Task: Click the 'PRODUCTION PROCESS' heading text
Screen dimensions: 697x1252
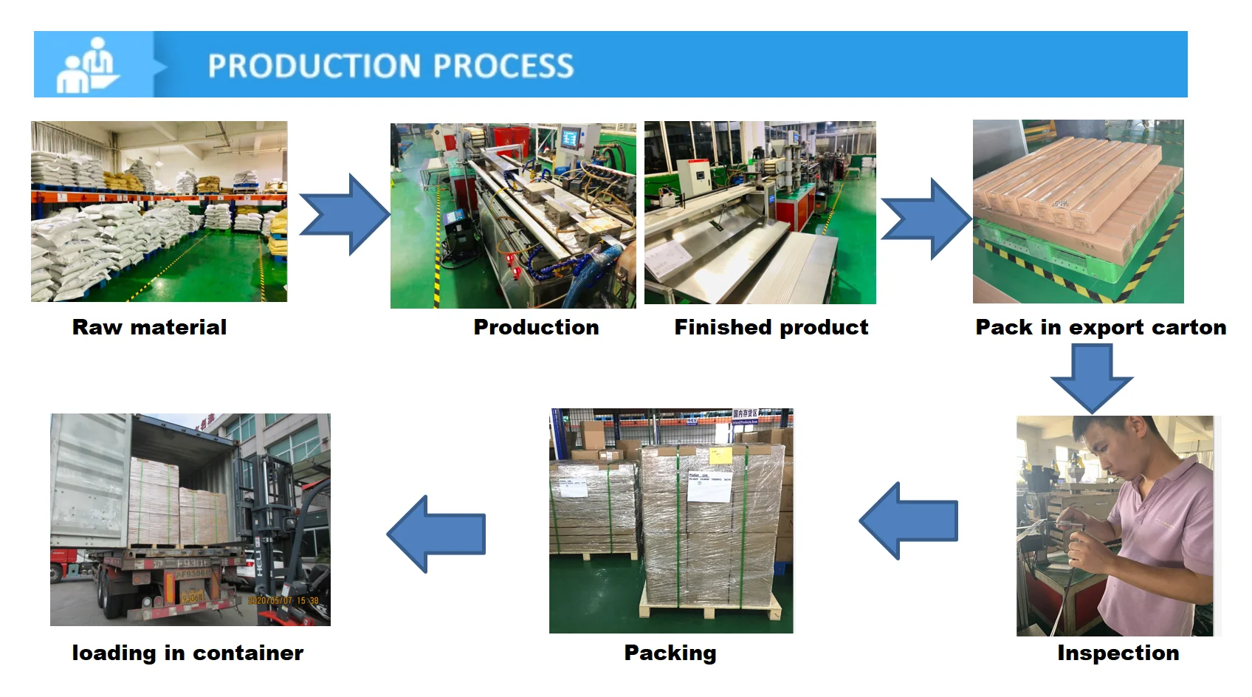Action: [x=391, y=66]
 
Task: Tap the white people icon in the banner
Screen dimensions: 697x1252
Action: [x=87, y=65]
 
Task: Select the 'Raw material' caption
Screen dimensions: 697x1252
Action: [x=149, y=327]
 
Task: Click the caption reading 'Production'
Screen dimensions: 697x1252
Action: [x=536, y=327]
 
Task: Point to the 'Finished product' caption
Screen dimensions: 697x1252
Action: [x=771, y=327]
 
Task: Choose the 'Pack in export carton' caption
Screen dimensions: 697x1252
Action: [x=1101, y=327]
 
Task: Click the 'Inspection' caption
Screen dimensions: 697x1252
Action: [x=1118, y=653]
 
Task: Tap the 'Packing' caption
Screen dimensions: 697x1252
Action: [x=670, y=653]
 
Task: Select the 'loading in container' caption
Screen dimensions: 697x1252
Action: [x=188, y=653]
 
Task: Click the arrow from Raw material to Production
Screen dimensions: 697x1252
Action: [x=345, y=215]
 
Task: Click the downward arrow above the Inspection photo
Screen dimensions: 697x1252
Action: [x=1091, y=377]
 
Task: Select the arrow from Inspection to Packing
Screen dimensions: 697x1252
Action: [x=909, y=521]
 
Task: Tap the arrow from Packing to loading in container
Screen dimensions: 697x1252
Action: [x=436, y=534]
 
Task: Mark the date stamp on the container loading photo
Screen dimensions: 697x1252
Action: [x=283, y=600]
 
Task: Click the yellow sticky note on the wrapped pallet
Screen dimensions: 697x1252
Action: [x=720, y=454]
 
